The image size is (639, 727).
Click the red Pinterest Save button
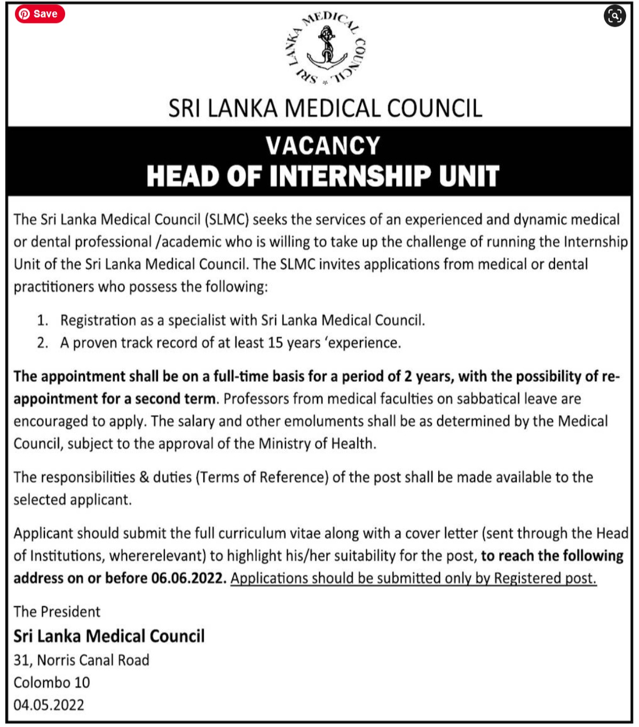pos(40,14)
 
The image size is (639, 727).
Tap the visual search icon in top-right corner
pos(614,15)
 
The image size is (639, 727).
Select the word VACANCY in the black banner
pos(323,146)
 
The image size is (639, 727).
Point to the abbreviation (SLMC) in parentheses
pos(226,220)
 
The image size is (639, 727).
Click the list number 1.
pos(42,320)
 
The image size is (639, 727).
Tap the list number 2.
pos(42,343)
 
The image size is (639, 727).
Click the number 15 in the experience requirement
pos(275,342)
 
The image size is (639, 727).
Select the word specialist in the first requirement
pos(197,320)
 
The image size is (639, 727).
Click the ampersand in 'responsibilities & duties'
pos(144,477)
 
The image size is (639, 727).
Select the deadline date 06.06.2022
pos(188,578)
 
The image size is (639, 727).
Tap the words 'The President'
pos(57,612)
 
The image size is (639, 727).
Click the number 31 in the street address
pos(23,660)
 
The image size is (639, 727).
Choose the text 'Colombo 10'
pos(52,683)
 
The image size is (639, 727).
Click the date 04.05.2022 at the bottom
pos(49,705)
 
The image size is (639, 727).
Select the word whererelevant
pos(157,556)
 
